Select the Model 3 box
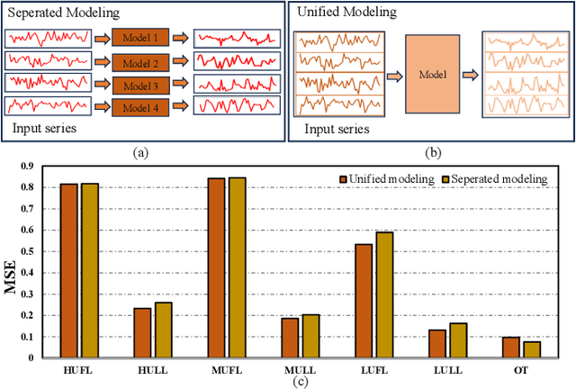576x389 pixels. pyautogui.click(x=140, y=86)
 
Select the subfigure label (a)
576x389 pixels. pyautogui.click(x=140, y=153)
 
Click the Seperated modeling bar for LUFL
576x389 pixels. pyautogui.click(x=384, y=294)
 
